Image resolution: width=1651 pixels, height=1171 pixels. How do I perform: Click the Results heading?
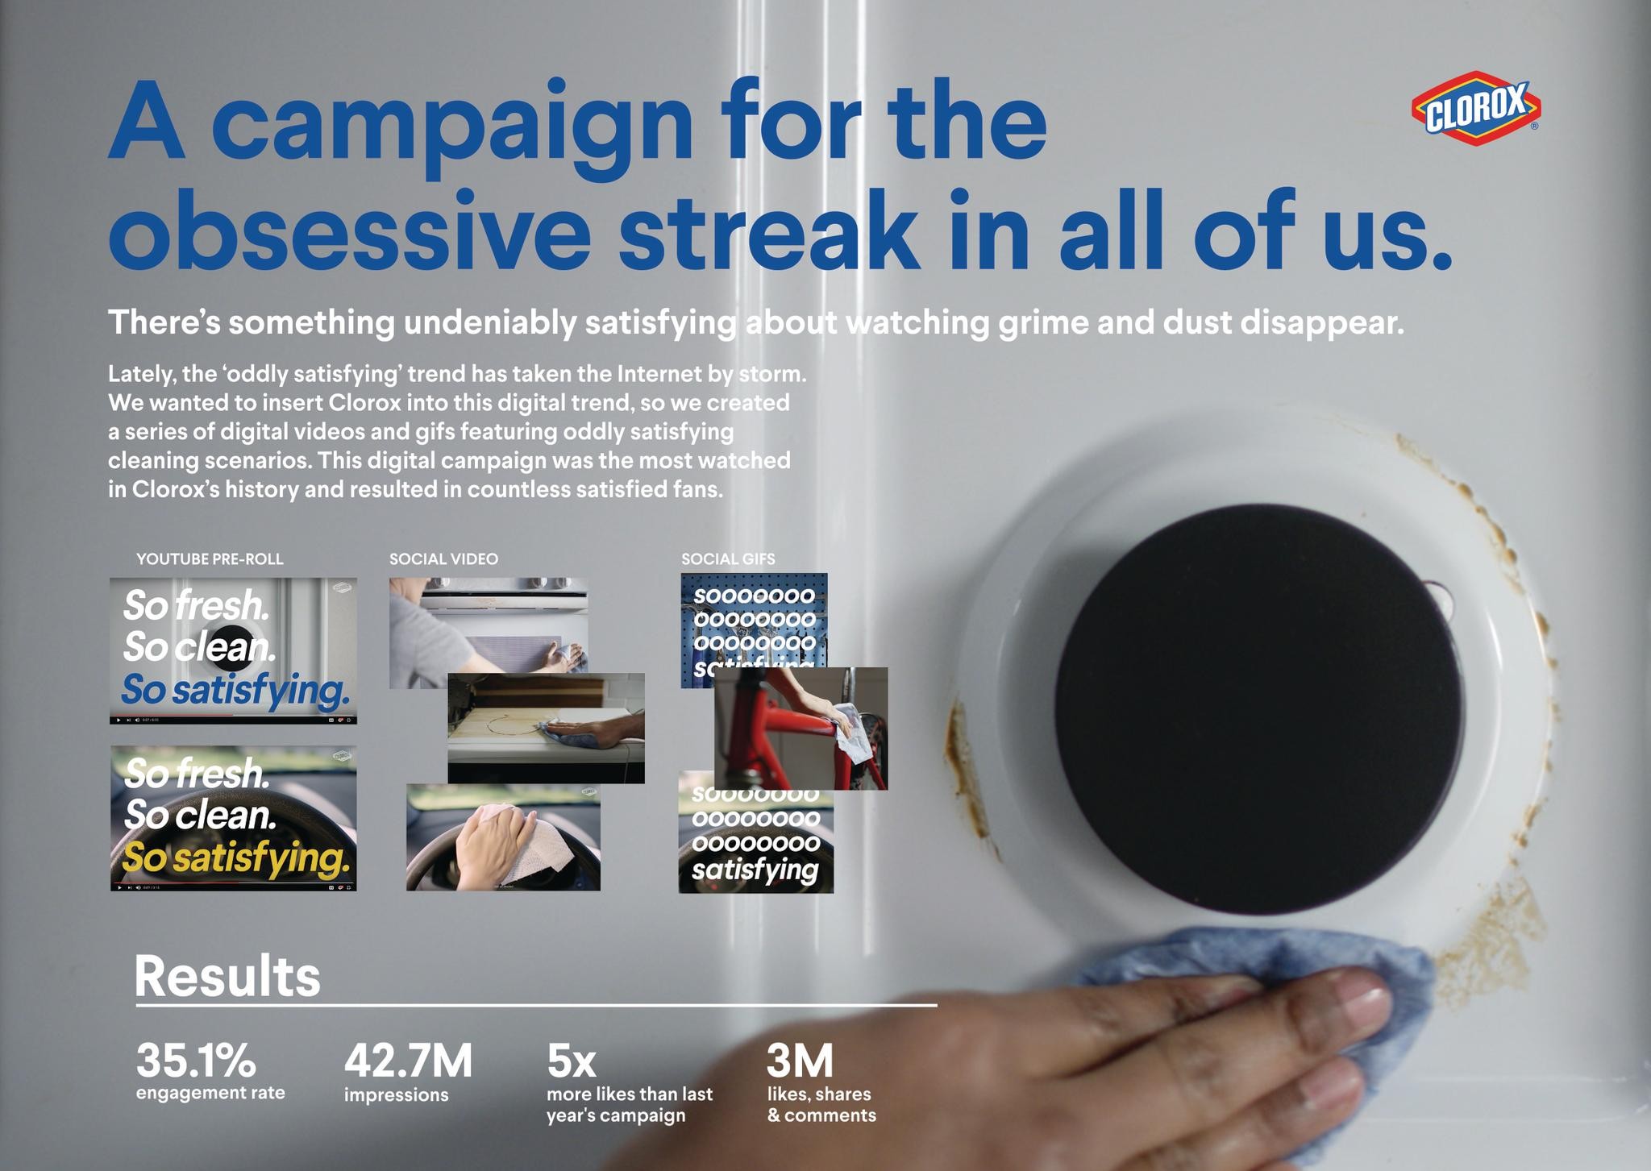point(227,977)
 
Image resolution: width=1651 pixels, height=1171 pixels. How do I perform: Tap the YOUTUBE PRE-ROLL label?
point(210,559)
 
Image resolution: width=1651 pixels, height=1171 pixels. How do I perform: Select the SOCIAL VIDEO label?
point(443,559)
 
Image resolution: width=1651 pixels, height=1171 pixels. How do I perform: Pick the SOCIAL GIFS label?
point(728,559)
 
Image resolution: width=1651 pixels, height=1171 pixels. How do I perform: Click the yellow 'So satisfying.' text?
point(236,859)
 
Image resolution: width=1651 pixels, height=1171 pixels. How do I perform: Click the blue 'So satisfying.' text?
point(235,691)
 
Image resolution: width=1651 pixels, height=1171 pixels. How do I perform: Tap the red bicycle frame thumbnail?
point(801,728)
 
